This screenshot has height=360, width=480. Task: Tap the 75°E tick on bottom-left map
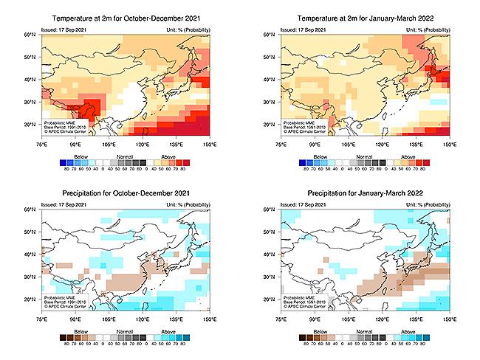pyautogui.click(x=43, y=319)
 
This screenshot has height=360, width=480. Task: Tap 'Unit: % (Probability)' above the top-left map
pyautogui.click(x=187, y=28)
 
